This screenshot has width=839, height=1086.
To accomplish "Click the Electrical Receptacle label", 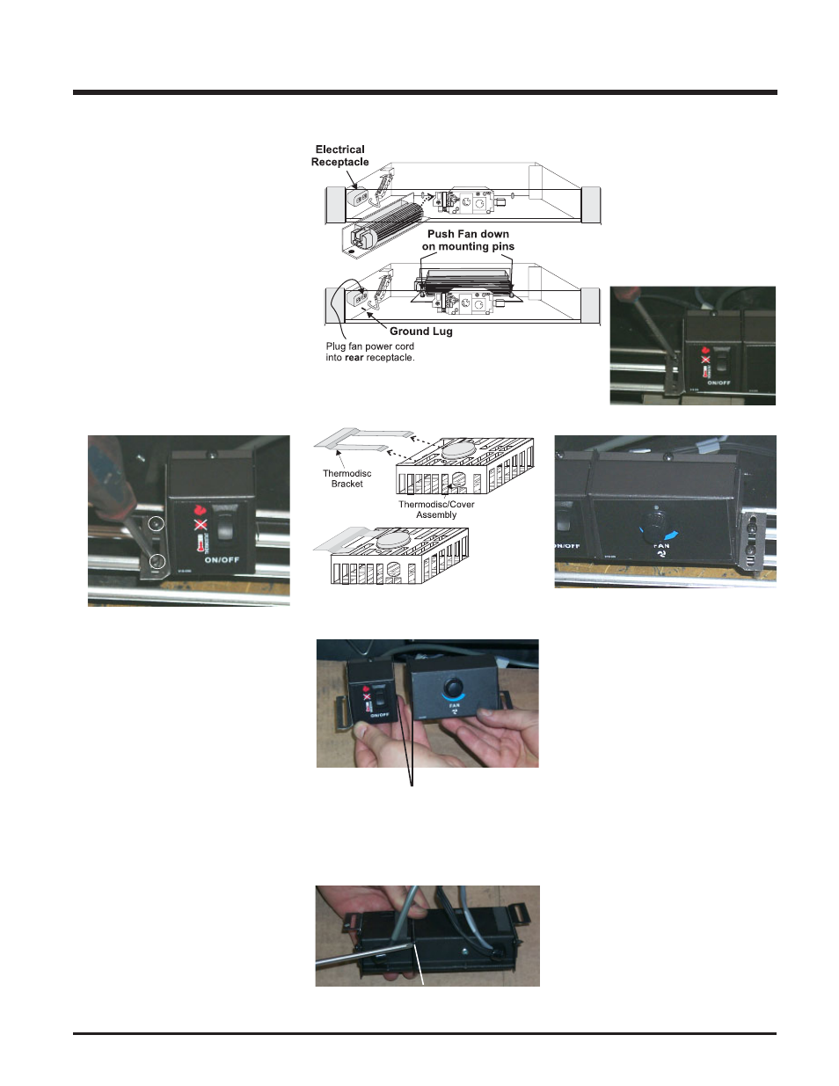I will [x=339, y=156].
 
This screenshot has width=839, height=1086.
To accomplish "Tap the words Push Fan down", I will [x=468, y=234].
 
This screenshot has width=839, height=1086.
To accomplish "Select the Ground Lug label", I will [x=420, y=332].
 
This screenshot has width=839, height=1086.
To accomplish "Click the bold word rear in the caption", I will [x=354, y=358].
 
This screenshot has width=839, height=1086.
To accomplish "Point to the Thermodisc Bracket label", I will [x=347, y=478].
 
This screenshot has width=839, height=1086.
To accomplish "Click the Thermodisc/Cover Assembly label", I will [x=436, y=509].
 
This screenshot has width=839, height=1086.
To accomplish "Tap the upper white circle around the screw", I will [x=157, y=524].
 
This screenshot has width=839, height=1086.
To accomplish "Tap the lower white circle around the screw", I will [x=157, y=561].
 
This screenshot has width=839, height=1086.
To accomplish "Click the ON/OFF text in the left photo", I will [x=222, y=560].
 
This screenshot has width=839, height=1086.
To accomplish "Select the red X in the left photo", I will [x=201, y=525].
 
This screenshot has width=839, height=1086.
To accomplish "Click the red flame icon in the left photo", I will [x=200, y=509].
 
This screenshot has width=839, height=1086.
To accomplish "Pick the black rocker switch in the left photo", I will [x=226, y=527].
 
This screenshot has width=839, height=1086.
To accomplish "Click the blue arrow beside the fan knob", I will [x=672, y=535].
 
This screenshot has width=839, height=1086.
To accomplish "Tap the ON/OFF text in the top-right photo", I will [x=719, y=383].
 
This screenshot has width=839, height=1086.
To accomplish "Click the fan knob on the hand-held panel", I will [x=453, y=686].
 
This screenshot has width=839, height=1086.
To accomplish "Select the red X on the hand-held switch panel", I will [x=367, y=697].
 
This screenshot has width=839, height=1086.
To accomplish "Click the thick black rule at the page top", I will [x=425, y=91].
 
